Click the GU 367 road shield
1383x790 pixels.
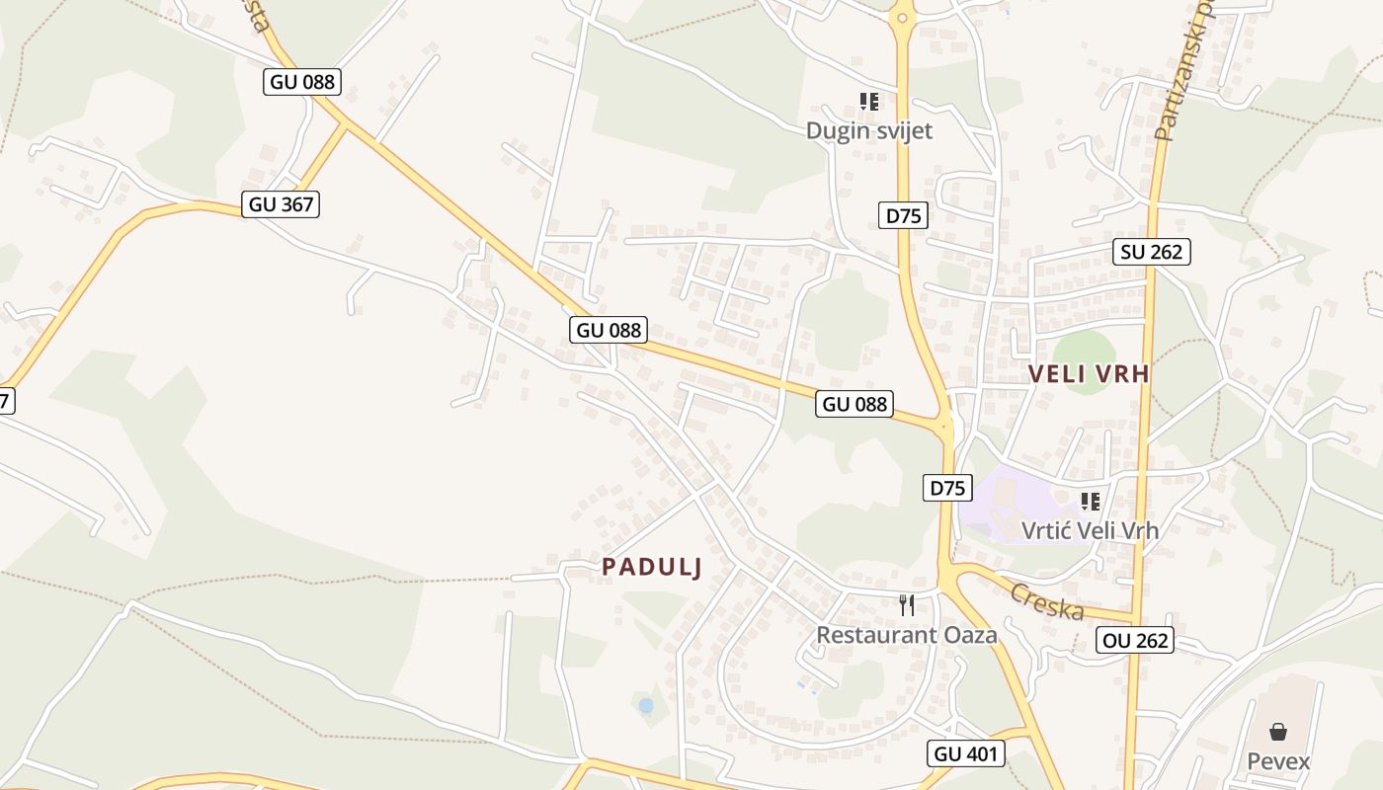click(283, 204)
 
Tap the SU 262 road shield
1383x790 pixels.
click(1152, 252)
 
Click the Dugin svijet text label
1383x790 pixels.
click(868, 130)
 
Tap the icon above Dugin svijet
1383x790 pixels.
click(868, 101)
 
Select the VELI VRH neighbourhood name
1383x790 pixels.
click(1089, 374)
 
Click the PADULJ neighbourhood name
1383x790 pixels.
click(652, 567)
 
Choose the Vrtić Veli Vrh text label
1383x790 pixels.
click(1090, 530)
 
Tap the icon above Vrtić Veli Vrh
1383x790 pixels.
click(1091, 502)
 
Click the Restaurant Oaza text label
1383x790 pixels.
click(906, 634)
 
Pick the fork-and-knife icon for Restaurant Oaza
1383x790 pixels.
click(907, 604)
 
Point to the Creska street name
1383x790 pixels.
click(1047, 601)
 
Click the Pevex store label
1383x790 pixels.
click(1278, 761)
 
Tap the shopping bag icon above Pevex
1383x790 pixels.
click(1278, 732)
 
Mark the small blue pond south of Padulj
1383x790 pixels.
click(646, 706)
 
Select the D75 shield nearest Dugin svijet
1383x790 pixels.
click(903, 215)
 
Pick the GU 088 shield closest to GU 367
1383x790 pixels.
click(302, 82)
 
